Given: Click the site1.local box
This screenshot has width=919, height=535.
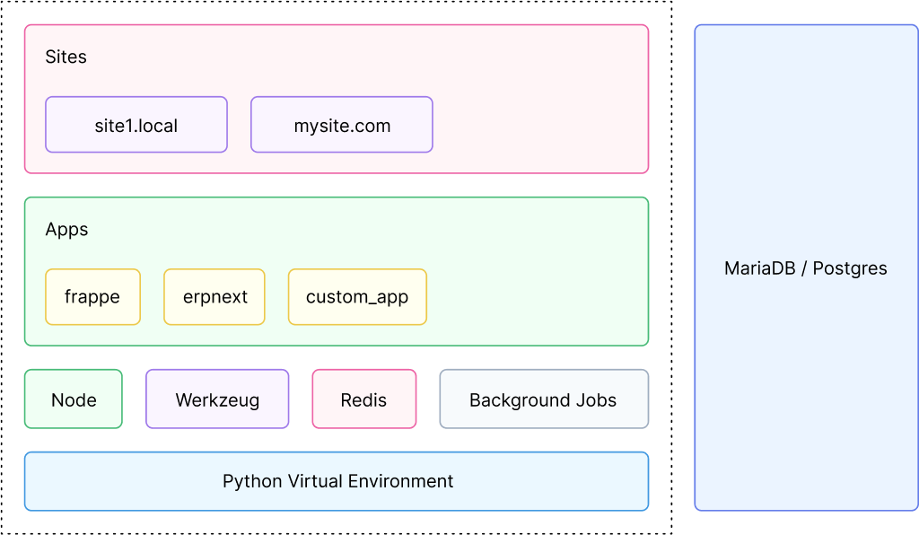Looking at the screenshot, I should click(x=136, y=125).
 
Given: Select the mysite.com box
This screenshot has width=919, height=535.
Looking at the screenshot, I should click(x=342, y=125).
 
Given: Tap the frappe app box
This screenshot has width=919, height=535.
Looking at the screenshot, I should click(x=92, y=297).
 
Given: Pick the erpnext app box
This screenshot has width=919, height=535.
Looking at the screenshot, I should click(x=214, y=297).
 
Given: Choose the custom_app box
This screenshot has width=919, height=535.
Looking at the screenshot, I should click(x=357, y=297).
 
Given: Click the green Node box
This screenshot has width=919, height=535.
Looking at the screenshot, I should click(x=74, y=399).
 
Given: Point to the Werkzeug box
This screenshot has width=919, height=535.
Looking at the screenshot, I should click(x=217, y=399).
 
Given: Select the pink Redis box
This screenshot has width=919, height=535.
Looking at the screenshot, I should click(x=363, y=399).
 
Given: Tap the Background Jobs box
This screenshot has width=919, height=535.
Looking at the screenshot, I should click(x=543, y=399).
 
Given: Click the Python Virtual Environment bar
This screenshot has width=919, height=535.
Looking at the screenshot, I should click(x=337, y=481).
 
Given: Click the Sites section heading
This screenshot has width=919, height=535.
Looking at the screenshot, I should click(x=66, y=57).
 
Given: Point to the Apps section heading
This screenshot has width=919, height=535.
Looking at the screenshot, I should click(x=67, y=230).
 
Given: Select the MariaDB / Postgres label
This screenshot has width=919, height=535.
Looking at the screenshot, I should click(x=805, y=268).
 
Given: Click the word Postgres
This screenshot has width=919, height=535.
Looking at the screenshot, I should click(x=850, y=268).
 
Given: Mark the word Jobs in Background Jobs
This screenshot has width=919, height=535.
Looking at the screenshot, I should click(x=597, y=399).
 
